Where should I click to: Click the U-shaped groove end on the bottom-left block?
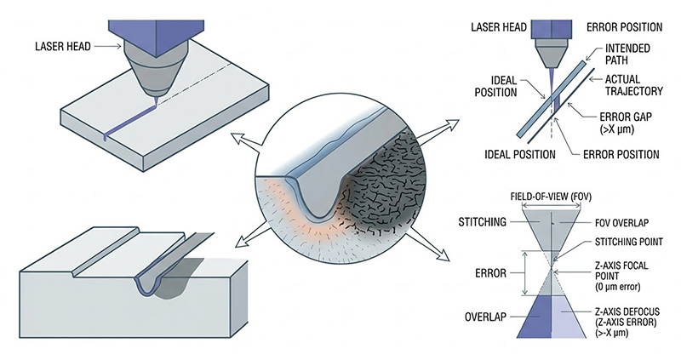click(153, 280)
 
